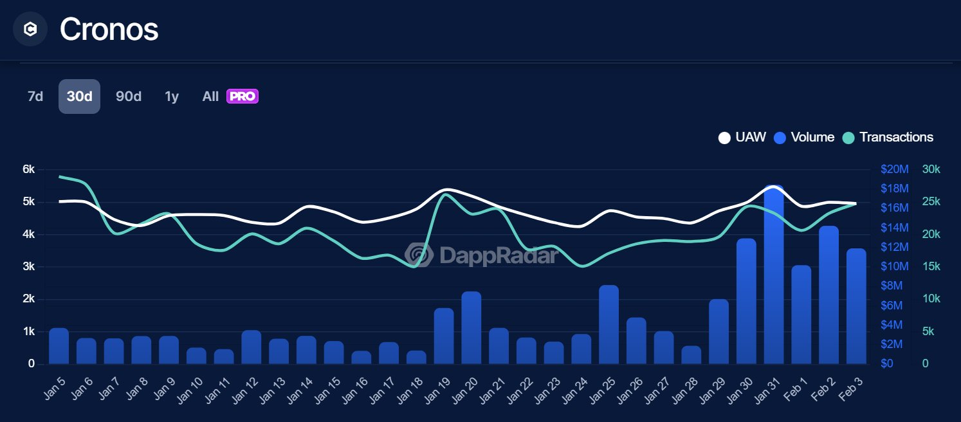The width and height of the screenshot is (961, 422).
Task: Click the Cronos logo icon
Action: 30,29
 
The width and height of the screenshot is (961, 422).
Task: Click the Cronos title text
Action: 109,29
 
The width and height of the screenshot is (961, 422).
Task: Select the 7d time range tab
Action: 35,96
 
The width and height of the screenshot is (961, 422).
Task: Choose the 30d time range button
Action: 79,96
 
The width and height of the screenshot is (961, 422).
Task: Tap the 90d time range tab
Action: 129,96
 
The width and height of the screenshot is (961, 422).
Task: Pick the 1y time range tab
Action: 172,96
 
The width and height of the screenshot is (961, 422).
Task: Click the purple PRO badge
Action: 243,96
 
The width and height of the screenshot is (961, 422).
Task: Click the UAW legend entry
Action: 742,137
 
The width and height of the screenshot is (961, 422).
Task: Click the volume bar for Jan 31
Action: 774,277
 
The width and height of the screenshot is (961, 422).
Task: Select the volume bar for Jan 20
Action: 471,328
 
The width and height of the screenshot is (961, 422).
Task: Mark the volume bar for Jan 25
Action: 609,325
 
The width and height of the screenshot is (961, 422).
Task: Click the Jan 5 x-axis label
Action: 57,389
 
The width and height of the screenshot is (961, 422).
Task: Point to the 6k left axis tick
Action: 28,169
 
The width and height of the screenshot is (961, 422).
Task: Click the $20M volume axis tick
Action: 894,169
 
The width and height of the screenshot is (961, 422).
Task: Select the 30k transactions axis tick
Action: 931,169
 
